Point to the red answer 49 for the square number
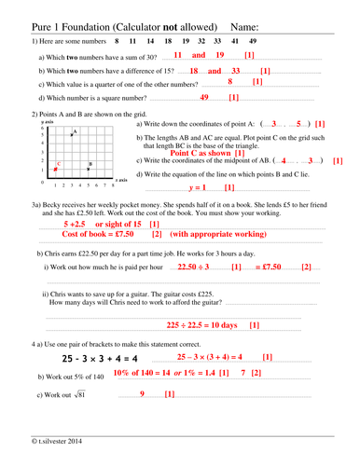[x=204, y=97]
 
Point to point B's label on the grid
[x=89, y=164]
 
